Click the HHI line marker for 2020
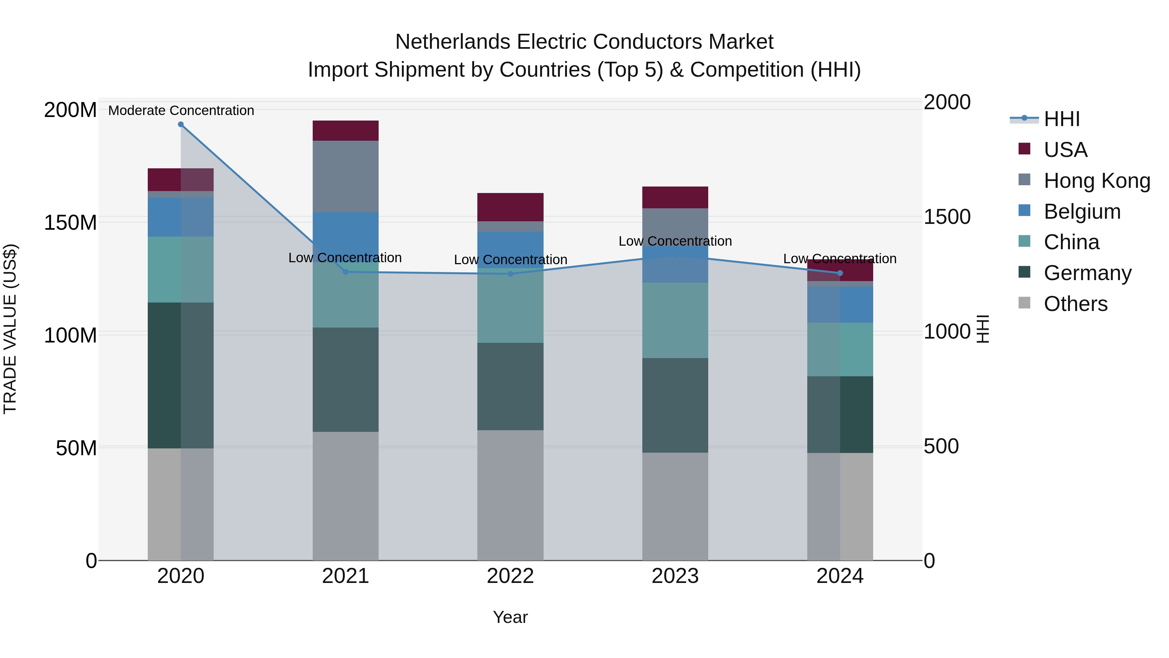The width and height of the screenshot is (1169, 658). click(x=181, y=124)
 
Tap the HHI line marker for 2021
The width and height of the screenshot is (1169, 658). click(x=346, y=272)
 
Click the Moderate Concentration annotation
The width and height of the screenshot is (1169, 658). click(x=181, y=110)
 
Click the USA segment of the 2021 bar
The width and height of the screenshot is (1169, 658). click(x=346, y=131)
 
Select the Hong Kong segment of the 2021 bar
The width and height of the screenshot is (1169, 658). click(x=346, y=176)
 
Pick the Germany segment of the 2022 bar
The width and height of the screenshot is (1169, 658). click(x=510, y=386)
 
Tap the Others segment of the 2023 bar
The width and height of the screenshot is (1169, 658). click(x=675, y=506)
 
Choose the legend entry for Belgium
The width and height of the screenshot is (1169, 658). click(x=1082, y=212)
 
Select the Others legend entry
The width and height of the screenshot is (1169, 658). click(x=1075, y=304)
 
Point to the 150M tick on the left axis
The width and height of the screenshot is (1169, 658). click(x=70, y=223)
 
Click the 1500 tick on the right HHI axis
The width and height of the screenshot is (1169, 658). click(x=947, y=217)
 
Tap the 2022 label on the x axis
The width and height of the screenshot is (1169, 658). click(x=510, y=576)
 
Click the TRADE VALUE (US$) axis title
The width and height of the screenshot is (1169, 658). click(x=10, y=329)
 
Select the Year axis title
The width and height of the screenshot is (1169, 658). click(x=510, y=617)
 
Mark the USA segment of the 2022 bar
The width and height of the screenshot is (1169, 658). click(x=510, y=207)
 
